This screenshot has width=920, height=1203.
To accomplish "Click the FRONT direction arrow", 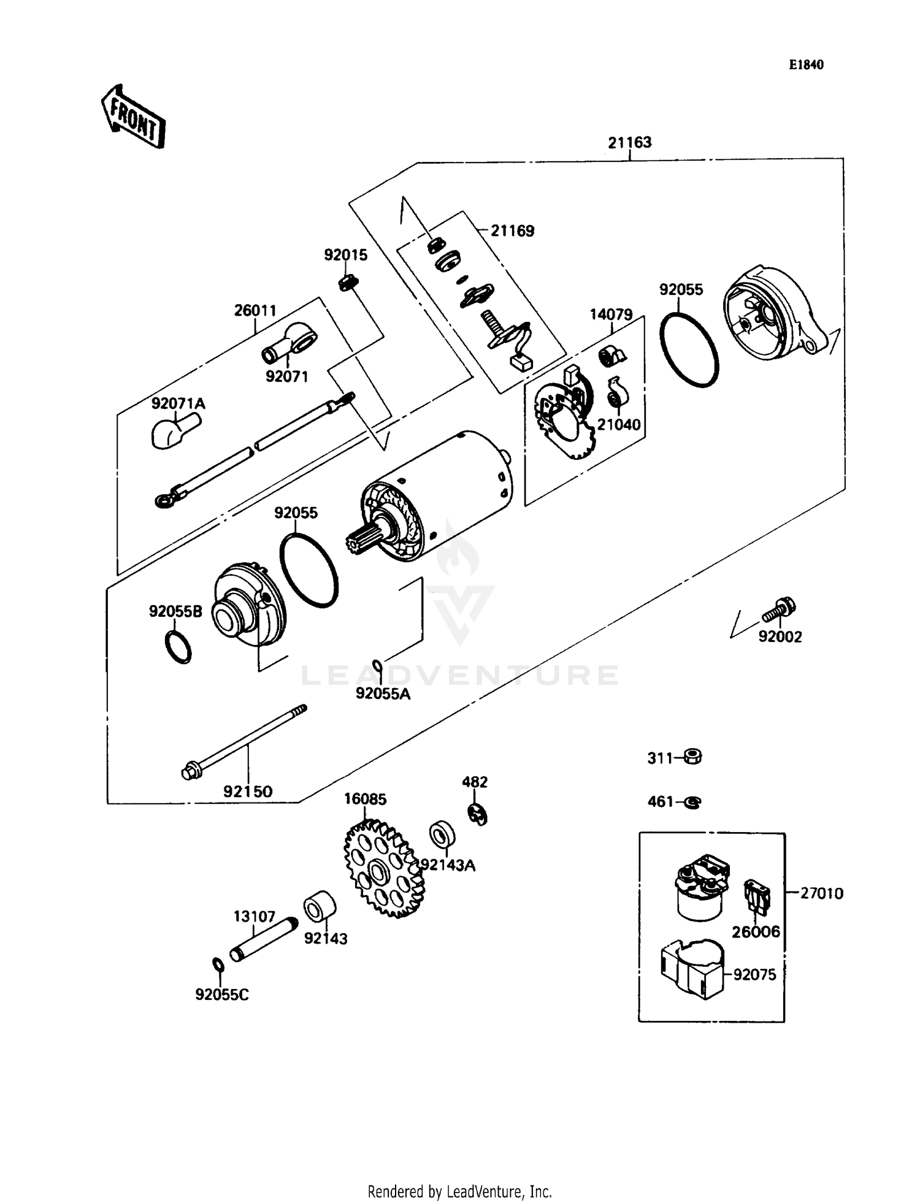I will [133, 116].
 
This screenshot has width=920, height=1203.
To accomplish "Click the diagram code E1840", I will [806, 65].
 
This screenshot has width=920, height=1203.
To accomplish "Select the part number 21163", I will [629, 143].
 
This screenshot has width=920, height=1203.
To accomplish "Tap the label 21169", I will [512, 231].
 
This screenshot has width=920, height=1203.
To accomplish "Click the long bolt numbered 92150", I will [245, 742].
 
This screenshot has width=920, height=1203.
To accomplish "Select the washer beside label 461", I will [692, 802].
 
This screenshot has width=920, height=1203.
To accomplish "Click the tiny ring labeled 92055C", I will [218, 964].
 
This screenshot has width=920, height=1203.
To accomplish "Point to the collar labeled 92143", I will [320, 906].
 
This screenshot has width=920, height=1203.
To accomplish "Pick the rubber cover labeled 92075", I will [692, 969].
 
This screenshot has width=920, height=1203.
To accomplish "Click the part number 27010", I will [821, 893].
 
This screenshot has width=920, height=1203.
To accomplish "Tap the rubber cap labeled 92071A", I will [175, 430].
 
